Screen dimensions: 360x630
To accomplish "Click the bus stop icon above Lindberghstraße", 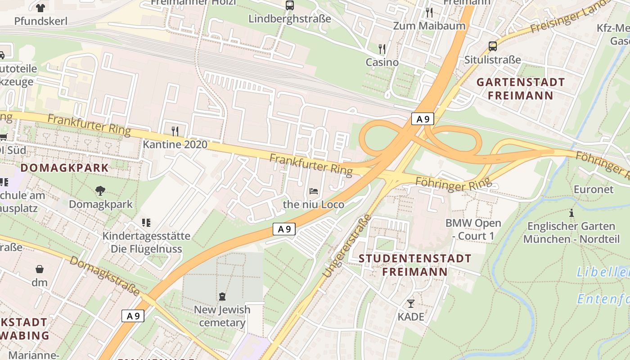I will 289,5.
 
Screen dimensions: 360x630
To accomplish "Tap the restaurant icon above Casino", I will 382,49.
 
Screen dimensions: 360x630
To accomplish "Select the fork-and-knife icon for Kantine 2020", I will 175,131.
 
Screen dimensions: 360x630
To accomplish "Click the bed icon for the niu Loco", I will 314,191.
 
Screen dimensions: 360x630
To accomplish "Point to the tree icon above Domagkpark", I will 100,191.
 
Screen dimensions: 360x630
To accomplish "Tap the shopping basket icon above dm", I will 40,269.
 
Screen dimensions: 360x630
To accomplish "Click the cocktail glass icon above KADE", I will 410,303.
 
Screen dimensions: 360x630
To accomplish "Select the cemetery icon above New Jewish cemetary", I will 222,296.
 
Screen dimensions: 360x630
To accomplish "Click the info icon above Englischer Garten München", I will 571,213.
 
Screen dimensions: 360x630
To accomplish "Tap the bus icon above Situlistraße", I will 493,46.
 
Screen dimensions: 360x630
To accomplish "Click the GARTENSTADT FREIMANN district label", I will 520,89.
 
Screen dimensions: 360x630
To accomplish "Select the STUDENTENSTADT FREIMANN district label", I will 415,265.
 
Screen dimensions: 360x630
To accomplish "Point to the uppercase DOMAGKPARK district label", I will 65,168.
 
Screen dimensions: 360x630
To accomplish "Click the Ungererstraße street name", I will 346,245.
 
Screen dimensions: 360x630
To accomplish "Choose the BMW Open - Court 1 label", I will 473,229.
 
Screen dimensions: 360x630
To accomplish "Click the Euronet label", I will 593,189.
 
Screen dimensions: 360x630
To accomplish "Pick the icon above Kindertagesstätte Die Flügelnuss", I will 146,222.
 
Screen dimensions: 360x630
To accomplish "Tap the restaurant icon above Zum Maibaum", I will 429,12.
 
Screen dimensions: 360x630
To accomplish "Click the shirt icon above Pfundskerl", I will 40,8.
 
